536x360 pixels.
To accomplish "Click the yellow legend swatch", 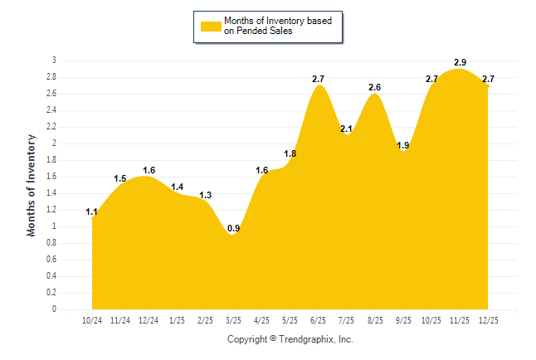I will click(x=212, y=26).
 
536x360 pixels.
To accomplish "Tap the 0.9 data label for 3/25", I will click(x=234, y=228).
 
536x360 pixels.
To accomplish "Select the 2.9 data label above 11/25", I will click(x=460, y=62).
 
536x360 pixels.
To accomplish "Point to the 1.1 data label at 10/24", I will click(x=92, y=212).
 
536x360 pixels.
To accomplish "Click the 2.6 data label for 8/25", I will click(x=375, y=87).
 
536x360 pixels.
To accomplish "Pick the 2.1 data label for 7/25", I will click(x=347, y=129).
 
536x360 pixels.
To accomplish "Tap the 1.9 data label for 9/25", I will click(x=403, y=145).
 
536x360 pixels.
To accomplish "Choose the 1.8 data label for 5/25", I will click(x=290, y=153).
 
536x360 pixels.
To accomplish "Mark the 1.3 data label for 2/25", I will click(x=206, y=195).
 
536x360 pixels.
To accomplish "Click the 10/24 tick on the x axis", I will click(x=92, y=319).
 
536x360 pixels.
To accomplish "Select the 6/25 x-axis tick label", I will click(x=319, y=319).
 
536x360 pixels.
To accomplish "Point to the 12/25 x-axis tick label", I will click(x=489, y=319).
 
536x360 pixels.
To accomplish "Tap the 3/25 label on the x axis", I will click(x=234, y=319).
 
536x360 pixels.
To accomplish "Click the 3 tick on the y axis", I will click(x=54, y=61).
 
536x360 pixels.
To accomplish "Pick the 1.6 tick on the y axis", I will click(x=51, y=177).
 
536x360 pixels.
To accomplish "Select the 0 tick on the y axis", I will click(x=54, y=309).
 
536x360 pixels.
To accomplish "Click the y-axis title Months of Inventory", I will click(x=32, y=185).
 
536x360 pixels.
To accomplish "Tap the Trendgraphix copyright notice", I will click(x=290, y=339).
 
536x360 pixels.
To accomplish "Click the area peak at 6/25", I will click(x=319, y=86).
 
